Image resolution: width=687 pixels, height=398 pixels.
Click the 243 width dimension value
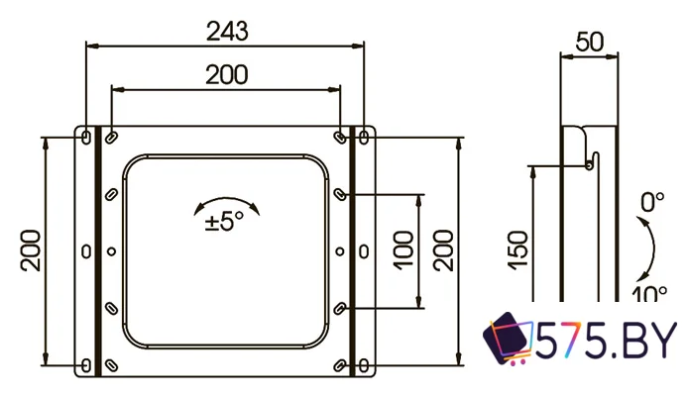pos(226,31)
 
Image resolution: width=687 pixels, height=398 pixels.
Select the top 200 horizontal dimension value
pos(226,74)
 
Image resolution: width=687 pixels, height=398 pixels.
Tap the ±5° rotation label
pos(224,222)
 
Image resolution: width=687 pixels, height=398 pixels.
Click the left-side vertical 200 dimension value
pos(30,251)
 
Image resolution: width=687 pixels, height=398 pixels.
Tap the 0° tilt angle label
pos(651,203)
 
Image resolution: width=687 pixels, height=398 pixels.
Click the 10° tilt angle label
pos(649,293)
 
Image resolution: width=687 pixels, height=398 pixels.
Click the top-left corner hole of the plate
pos(85,135)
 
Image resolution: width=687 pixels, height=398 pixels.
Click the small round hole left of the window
pos(112,250)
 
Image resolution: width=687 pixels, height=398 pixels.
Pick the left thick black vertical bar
pos(98,251)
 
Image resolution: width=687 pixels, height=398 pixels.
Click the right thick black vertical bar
pos(352,251)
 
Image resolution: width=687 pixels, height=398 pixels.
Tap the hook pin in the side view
pos(591,164)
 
